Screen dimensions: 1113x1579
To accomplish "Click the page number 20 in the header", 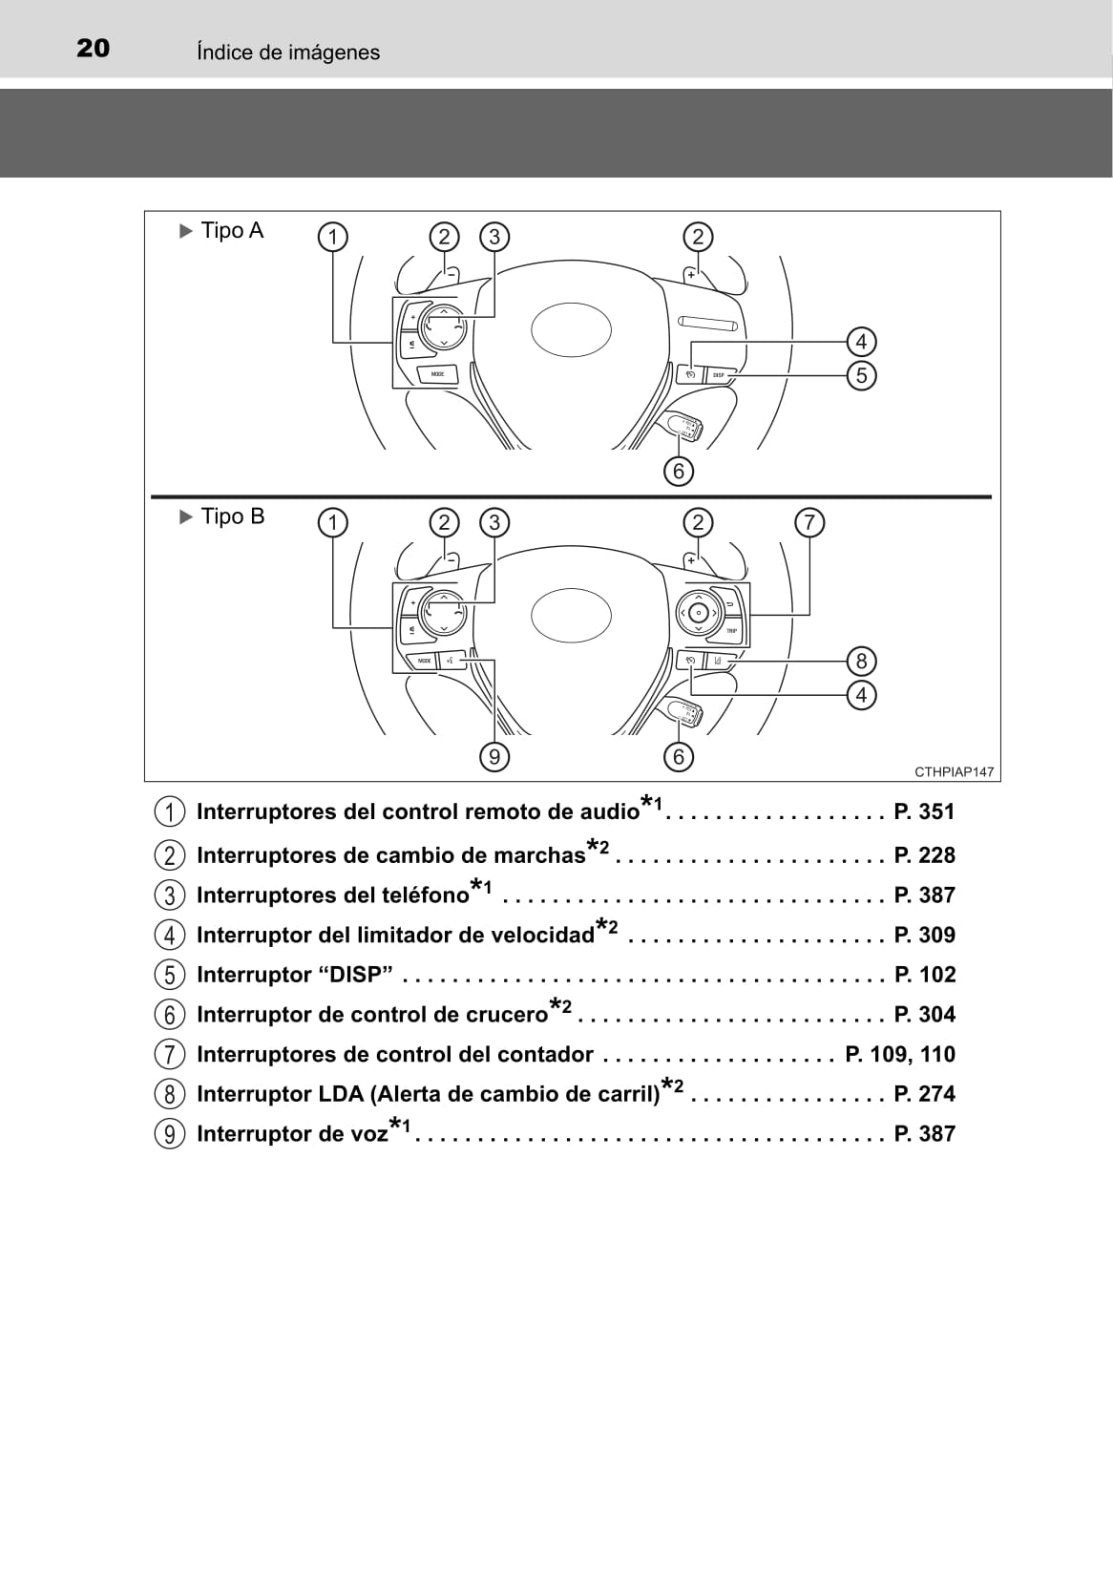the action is tap(93, 48).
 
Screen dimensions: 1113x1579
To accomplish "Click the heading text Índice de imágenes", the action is tap(288, 53).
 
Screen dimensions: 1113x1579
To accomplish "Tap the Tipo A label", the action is tap(222, 230).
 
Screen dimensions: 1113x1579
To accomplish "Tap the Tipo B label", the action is tap(222, 516).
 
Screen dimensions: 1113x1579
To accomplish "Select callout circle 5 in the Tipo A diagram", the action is tap(861, 376).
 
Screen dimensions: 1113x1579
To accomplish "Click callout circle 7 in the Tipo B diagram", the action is tap(809, 522).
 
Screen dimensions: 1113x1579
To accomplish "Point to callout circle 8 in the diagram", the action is tap(861, 662).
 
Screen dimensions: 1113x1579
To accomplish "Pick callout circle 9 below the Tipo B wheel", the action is tap(494, 756).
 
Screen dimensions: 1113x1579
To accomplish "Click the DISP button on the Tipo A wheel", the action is tap(719, 375).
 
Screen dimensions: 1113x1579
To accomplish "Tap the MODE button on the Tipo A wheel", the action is tap(438, 373).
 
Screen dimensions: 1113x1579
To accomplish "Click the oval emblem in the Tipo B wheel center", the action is tap(571, 616).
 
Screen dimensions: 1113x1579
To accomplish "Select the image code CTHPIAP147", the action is tap(954, 772).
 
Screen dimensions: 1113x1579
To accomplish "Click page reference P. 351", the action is tap(924, 812).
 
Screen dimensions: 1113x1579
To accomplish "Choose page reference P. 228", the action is tap(924, 855).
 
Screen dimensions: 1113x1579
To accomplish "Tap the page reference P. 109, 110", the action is tap(900, 1054).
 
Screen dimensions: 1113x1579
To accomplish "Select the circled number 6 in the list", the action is tap(169, 1015).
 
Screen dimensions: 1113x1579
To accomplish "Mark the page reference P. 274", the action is tap(924, 1093).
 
